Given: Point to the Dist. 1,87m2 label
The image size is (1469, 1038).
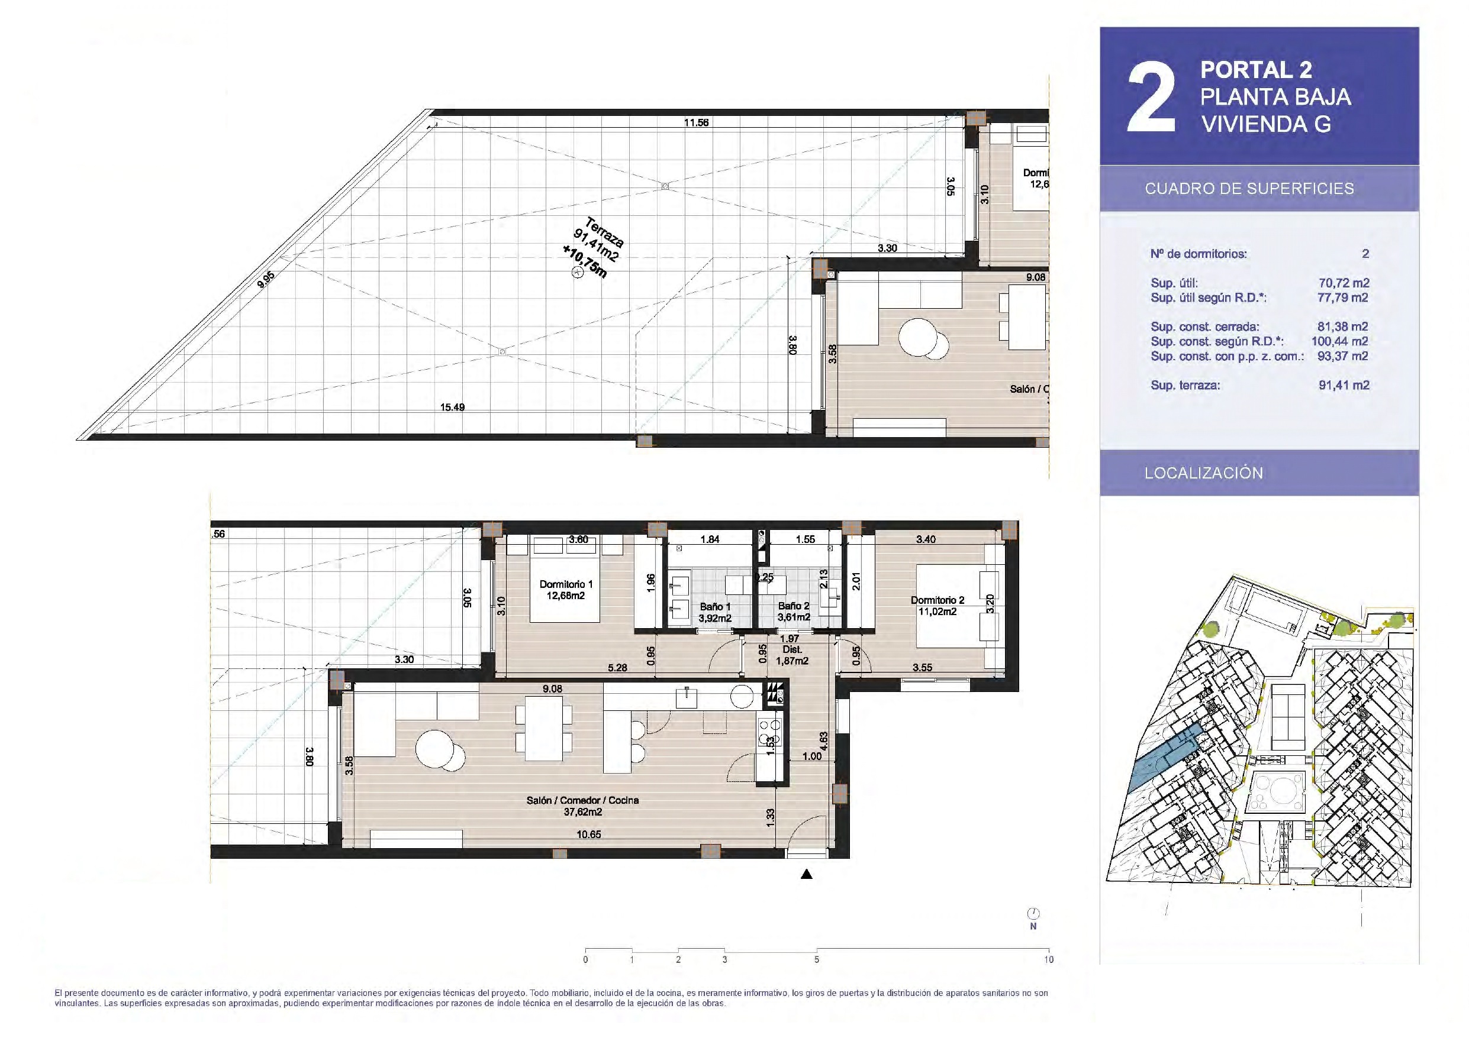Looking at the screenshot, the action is [x=792, y=655].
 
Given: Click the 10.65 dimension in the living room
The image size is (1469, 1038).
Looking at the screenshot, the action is [x=589, y=834].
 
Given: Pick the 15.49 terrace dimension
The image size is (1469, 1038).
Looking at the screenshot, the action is [x=452, y=407].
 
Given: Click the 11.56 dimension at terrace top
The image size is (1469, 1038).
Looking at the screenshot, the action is [x=696, y=122].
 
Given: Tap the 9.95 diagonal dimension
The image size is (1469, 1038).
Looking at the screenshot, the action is [x=266, y=280].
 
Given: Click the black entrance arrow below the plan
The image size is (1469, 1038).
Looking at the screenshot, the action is [x=807, y=874].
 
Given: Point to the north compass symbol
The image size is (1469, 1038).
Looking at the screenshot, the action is [x=1033, y=914].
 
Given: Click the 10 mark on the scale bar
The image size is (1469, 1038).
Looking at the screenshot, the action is [x=1049, y=959].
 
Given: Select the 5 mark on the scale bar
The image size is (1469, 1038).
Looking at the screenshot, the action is [x=817, y=959].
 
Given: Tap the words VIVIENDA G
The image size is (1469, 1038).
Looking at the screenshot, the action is [x=1266, y=124].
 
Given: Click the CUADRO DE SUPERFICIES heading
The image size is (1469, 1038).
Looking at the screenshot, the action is [x=1249, y=189].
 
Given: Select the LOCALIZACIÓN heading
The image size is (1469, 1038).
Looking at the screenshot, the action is [x=1204, y=473].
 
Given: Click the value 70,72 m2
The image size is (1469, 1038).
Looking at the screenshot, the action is [x=1344, y=283].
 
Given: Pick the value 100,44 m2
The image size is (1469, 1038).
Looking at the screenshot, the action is [x=1340, y=341].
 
